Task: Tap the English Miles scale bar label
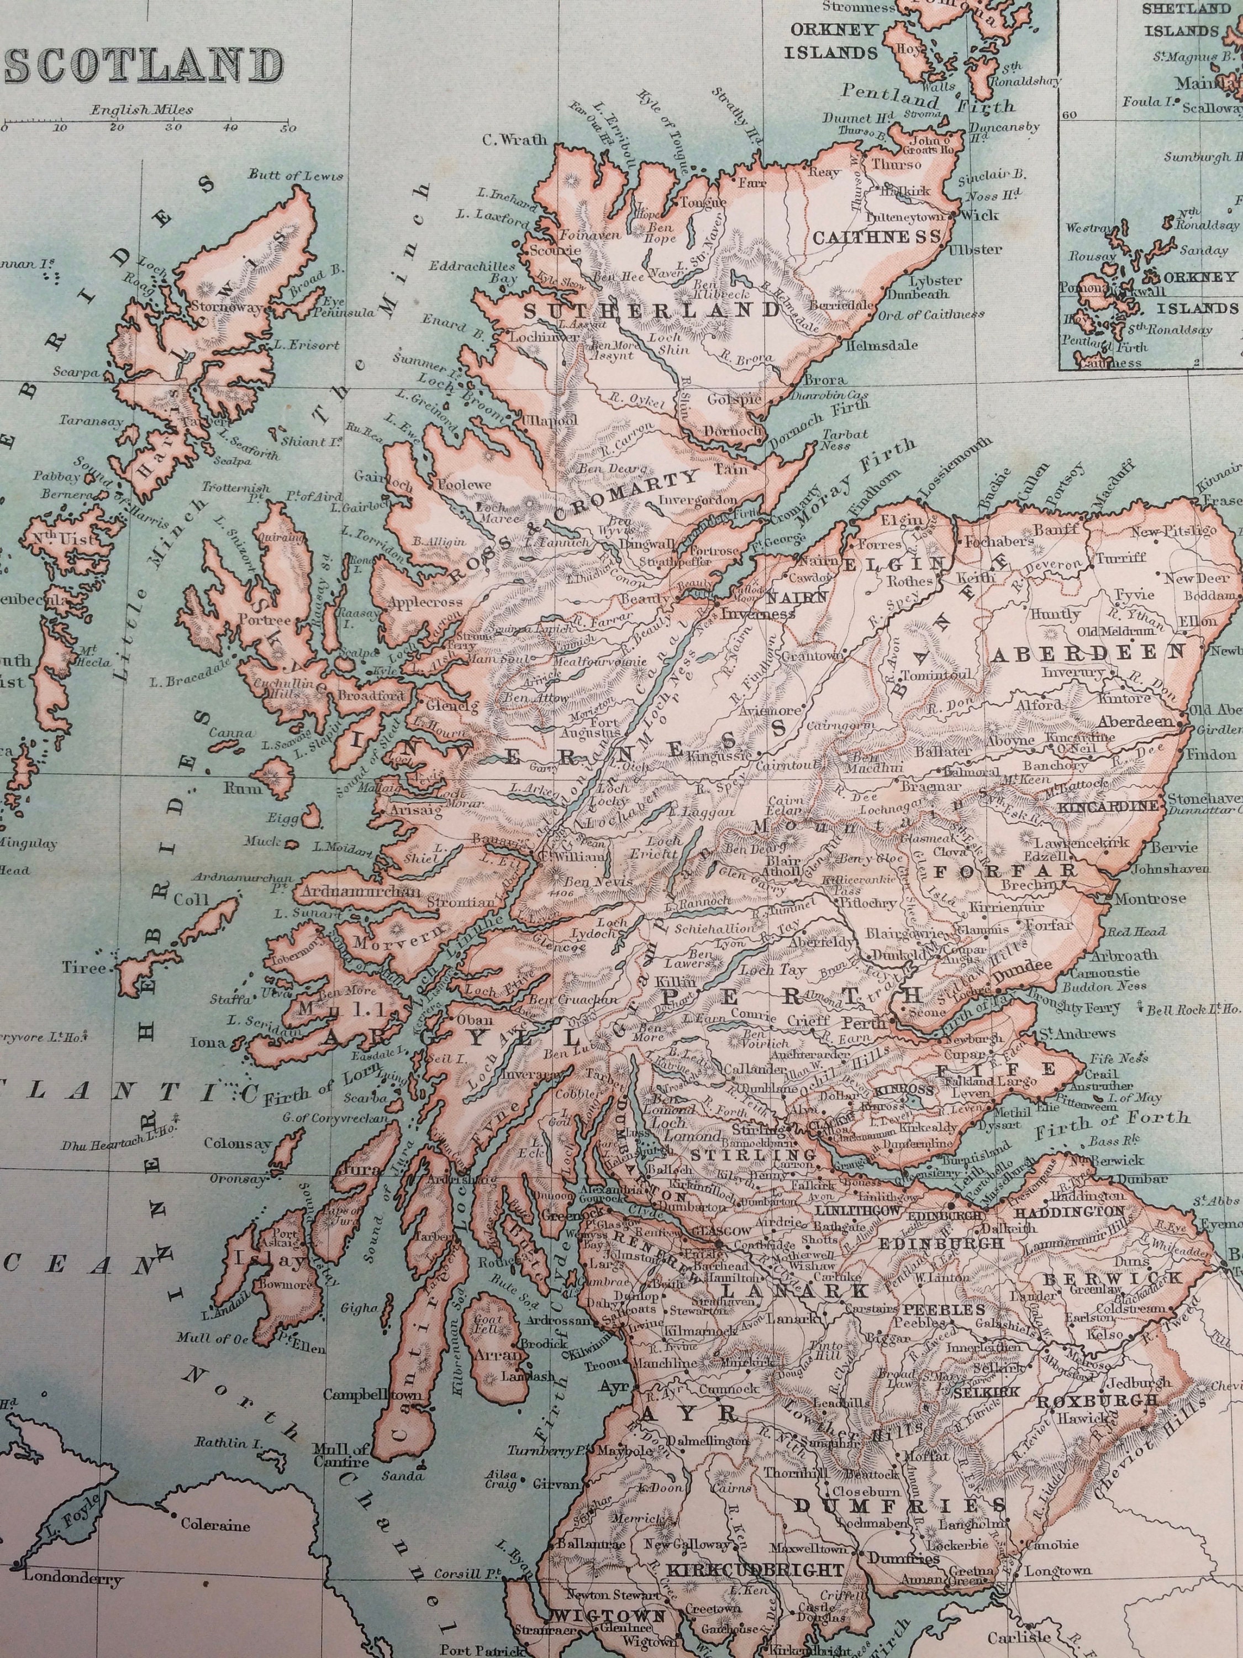pyautogui.click(x=143, y=109)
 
